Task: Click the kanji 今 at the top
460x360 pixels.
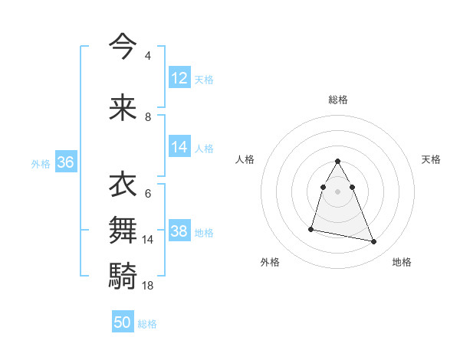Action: tap(123, 47)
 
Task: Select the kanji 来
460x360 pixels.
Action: tap(123, 107)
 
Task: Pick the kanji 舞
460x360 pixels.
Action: tap(123, 229)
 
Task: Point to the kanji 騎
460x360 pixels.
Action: tap(123, 274)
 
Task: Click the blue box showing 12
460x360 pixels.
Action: tap(179, 78)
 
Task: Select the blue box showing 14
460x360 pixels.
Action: tap(179, 148)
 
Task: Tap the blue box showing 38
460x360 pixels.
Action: tap(179, 231)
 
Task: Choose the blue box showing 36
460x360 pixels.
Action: tap(65, 162)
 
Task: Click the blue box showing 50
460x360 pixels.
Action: tap(123, 322)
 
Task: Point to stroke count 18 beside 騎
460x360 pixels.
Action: tap(148, 285)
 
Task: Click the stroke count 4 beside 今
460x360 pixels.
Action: tap(148, 57)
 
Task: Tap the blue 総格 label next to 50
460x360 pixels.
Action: tap(148, 324)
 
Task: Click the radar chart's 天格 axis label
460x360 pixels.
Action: tap(432, 159)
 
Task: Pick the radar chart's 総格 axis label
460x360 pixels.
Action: tap(338, 100)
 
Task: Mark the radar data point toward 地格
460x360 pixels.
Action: tap(374, 242)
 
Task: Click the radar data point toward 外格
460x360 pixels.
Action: tap(311, 229)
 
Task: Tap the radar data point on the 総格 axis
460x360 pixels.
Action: tap(338, 162)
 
